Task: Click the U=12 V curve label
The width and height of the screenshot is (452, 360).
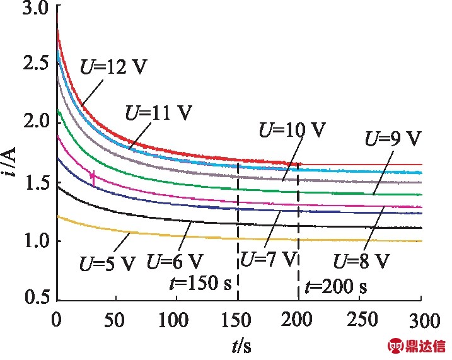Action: coord(113,67)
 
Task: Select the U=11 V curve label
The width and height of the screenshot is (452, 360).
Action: coord(158,112)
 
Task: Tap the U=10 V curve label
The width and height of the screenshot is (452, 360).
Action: coord(293,130)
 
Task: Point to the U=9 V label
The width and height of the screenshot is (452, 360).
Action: coord(393,139)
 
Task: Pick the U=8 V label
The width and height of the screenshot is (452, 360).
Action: coord(362,261)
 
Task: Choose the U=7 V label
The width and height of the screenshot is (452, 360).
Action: coord(269,258)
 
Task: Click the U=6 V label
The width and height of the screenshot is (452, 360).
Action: coord(175,261)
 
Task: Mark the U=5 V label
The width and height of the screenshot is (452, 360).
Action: coord(108,263)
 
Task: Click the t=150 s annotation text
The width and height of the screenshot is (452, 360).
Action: coord(200,282)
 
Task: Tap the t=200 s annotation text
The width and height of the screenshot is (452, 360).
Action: coord(336,286)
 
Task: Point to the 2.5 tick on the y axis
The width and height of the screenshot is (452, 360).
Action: coord(35,63)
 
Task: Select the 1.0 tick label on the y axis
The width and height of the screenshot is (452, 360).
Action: coord(35,241)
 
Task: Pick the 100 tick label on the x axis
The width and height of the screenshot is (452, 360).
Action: coord(173,320)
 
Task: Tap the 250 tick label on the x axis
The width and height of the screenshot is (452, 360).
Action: coord(362,320)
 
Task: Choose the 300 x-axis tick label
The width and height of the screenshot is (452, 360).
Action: coord(425,320)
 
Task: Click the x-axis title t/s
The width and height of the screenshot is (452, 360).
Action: coord(241,346)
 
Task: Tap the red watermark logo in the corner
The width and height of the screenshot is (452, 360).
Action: coord(417,346)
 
